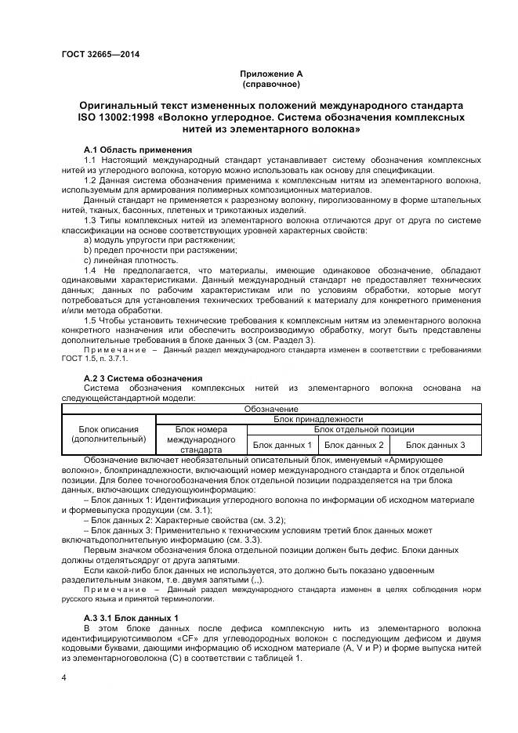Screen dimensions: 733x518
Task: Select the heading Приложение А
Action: [x=270, y=74]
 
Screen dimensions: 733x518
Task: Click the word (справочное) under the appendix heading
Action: [x=270, y=83]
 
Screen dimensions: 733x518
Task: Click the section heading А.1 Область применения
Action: [x=137, y=149]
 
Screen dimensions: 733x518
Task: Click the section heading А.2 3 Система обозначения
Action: [x=132, y=378]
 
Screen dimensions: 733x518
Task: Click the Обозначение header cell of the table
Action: [x=270, y=409]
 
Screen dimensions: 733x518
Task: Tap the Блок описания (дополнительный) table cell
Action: [x=109, y=435]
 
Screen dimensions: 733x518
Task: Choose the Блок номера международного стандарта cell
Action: [x=201, y=440]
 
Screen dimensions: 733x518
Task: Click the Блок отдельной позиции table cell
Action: [x=364, y=429]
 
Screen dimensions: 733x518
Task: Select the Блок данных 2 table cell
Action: [x=354, y=445]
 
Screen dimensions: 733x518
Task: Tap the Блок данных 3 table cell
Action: [x=435, y=445]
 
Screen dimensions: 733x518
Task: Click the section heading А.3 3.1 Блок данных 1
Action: [x=131, y=618]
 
